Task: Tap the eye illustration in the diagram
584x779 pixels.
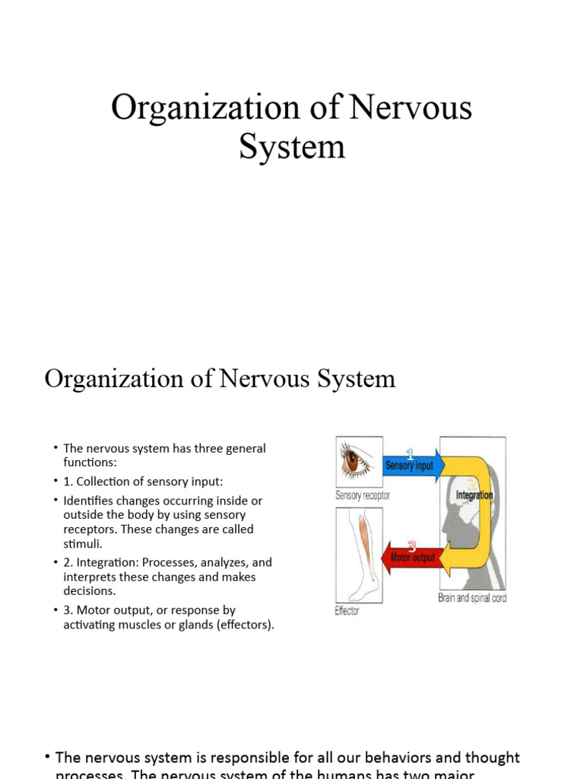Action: coord(355,461)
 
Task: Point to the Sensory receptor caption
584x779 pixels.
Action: coord(363,495)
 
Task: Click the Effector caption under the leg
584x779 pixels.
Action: coord(347,611)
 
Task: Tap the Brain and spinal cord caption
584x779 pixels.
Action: coord(471,598)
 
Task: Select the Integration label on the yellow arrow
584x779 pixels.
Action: coord(474,495)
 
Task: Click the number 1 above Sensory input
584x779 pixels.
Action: coord(410,453)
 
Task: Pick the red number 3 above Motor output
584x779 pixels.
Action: coord(412,545)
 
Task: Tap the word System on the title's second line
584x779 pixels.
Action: coord(292,146)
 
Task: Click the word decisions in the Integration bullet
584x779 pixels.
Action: coord(90,591)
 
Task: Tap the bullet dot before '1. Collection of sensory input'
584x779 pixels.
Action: coord(56,482)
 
